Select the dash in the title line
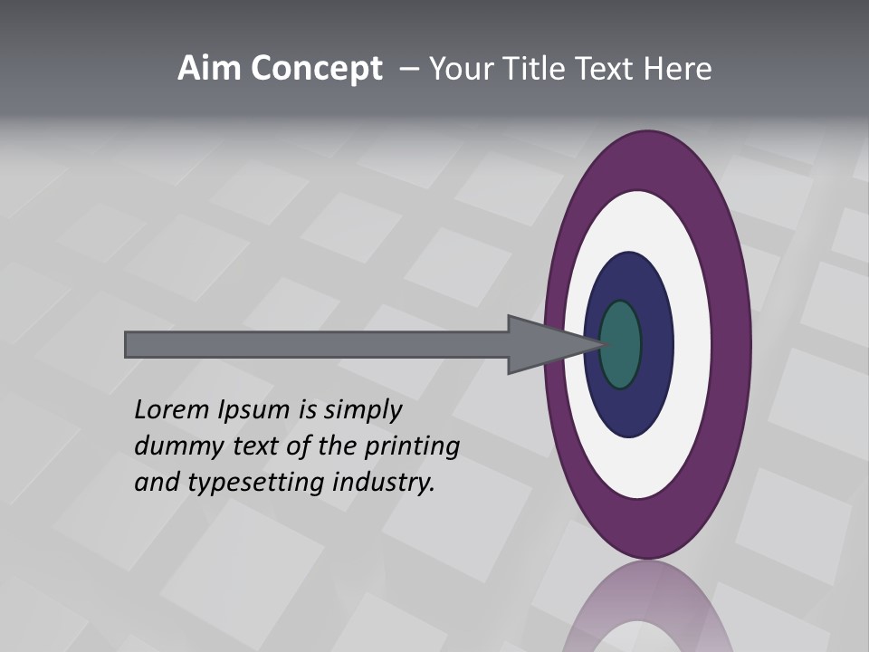[x=409, y=69]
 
